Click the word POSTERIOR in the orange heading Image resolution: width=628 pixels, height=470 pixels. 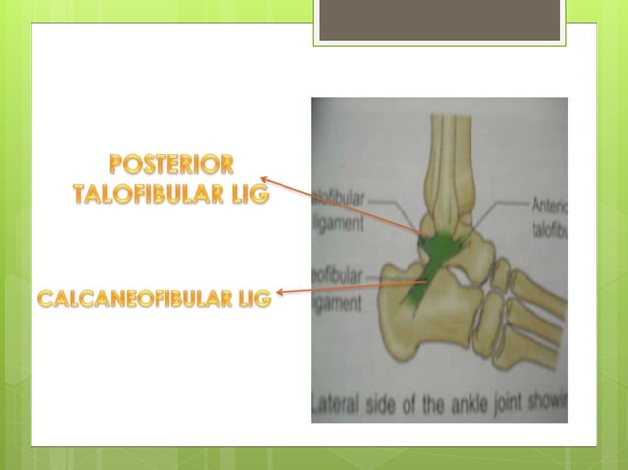click(x=172, y=164)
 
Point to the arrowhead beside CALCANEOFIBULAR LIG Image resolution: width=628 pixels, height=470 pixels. click(x=281, y=291)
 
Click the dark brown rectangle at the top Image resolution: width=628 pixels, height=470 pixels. click(x=439, y=20)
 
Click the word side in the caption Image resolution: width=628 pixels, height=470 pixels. click(x=388, y=402)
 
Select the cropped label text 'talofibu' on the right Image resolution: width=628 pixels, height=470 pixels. click(x=548, y=225)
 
